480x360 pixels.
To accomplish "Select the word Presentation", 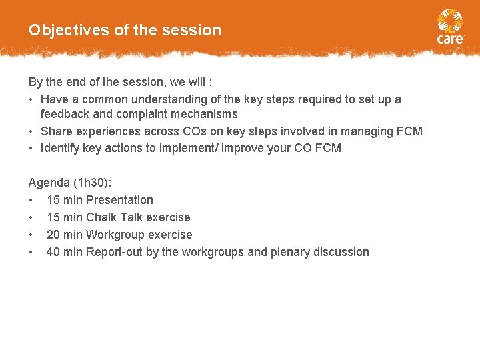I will (119, 200).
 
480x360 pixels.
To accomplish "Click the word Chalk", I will (102, 217).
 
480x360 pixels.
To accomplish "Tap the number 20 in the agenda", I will (53, 235).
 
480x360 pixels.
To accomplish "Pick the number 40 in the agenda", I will (53, 252).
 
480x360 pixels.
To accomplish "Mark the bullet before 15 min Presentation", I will (31, 200).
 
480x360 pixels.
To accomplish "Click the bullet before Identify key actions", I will (31, 148).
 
